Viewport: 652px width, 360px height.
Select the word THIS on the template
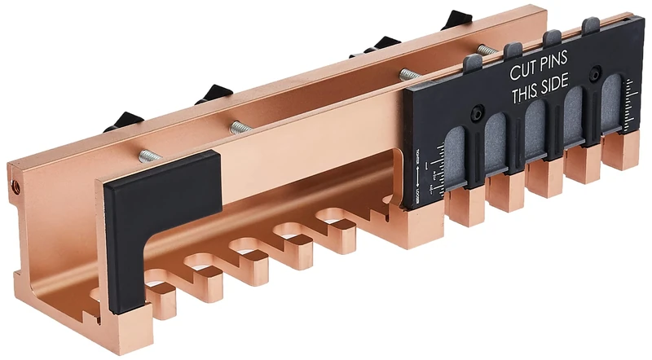528,97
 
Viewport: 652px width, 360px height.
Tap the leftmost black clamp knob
123,121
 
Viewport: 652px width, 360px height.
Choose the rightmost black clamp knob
458,20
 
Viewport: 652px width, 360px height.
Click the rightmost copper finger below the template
620,155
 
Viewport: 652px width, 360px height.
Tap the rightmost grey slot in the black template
612,114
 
